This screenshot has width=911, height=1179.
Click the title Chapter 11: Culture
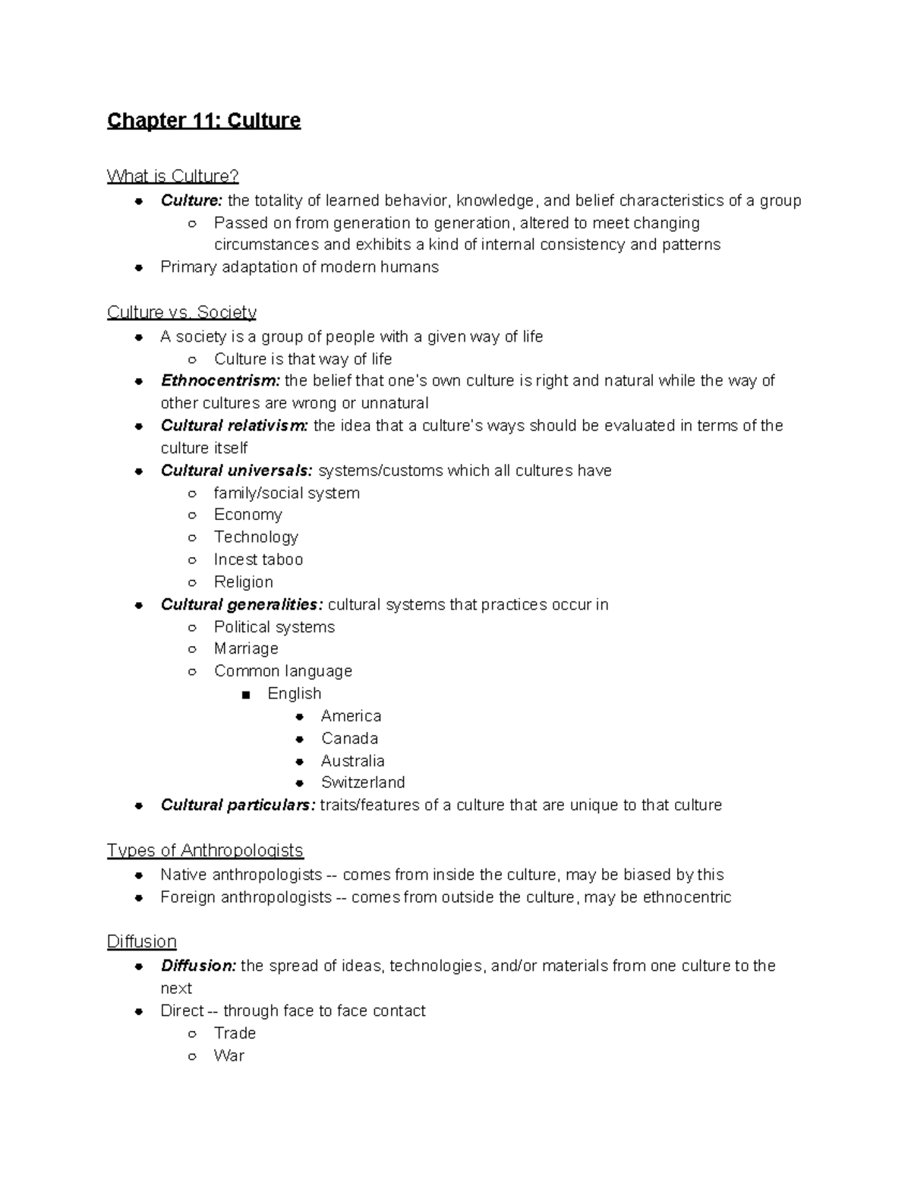click(203, 121)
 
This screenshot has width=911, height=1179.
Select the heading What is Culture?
click(172, 176)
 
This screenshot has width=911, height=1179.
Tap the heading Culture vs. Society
click(181, 312)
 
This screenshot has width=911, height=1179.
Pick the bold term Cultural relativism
click(235, 425)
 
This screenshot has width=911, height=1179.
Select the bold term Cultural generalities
click(241, 604)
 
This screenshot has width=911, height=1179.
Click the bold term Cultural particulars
click(238, 805)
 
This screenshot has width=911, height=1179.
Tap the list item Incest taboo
click(258, 560)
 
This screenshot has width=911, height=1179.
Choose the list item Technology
click(256, 537)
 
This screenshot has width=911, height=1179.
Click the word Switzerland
click(363, 782)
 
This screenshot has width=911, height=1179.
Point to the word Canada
click(349, 738)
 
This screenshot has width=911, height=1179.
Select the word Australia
click(352, 761)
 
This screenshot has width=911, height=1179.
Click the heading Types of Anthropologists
click(205, 850)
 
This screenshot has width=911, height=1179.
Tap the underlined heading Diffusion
click(141, 941)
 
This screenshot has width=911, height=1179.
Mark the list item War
click(229, 1055)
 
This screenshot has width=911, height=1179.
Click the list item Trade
click(235, 1033)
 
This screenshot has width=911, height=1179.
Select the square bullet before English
click(245, 694)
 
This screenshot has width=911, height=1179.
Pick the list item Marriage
click(246, 648)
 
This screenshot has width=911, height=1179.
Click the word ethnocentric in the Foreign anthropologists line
click(687, 897)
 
